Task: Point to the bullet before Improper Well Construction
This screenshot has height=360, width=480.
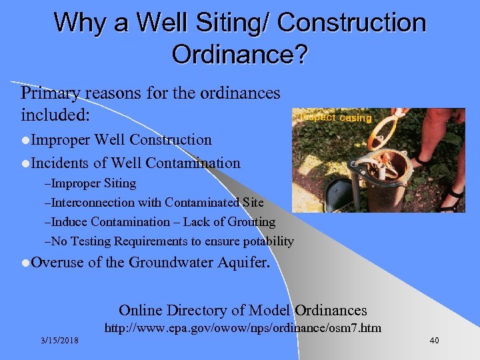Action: [25, 141]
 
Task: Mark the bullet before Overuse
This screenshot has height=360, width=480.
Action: [25, 263]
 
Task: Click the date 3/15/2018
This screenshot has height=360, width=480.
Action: [59, 341]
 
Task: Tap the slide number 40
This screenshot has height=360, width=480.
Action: [434, 341]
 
